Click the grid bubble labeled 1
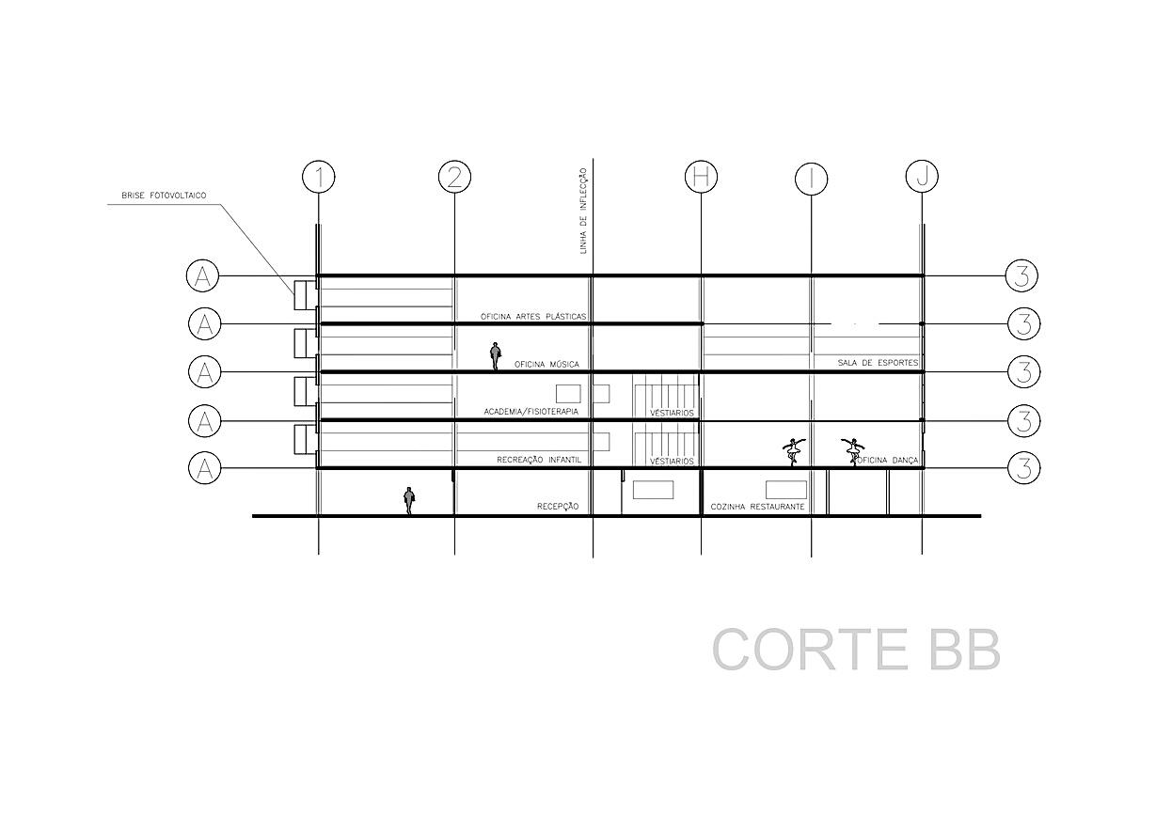tap(319, 177)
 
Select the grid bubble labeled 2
tap(454, 177)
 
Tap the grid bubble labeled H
tap(701, 177)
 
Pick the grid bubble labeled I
tap(811, 178)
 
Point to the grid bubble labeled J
tap(922, 176)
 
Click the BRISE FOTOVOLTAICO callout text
tap(164, 196)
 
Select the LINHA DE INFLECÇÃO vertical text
tap(584, 211)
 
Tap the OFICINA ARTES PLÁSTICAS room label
tap(533, 317)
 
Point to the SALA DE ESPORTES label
tap(878, 362)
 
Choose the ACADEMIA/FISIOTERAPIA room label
tap(530, 412)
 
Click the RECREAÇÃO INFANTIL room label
tap(537, 461)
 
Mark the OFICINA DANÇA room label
tap(885, 460)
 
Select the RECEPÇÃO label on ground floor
tap(557, 507)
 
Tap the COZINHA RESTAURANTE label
tap(757, 507)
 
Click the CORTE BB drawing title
tap(855, 650)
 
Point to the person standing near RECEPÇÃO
tap(409, 500)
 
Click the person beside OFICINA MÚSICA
tap(496, 356)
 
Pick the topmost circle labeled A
tap(203, 276)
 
